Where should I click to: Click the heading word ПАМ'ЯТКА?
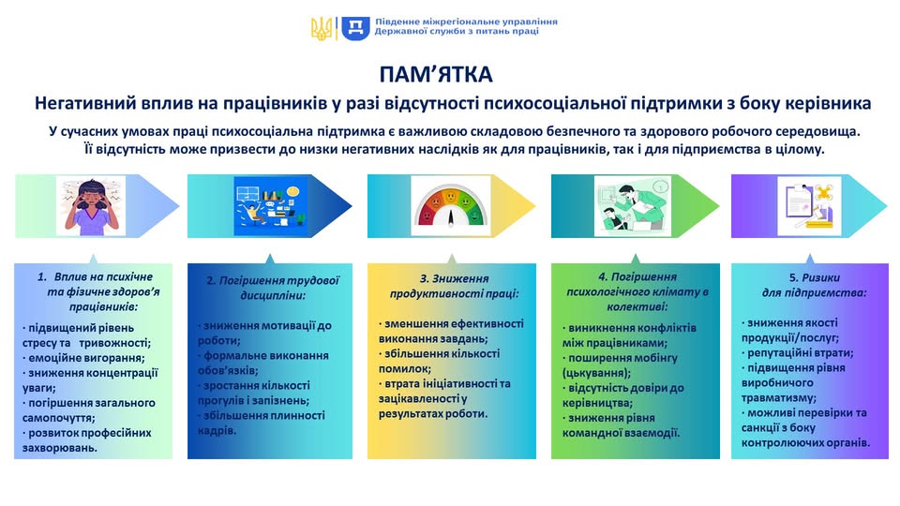449,74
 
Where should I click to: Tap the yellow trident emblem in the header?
322,27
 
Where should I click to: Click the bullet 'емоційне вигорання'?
83,357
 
